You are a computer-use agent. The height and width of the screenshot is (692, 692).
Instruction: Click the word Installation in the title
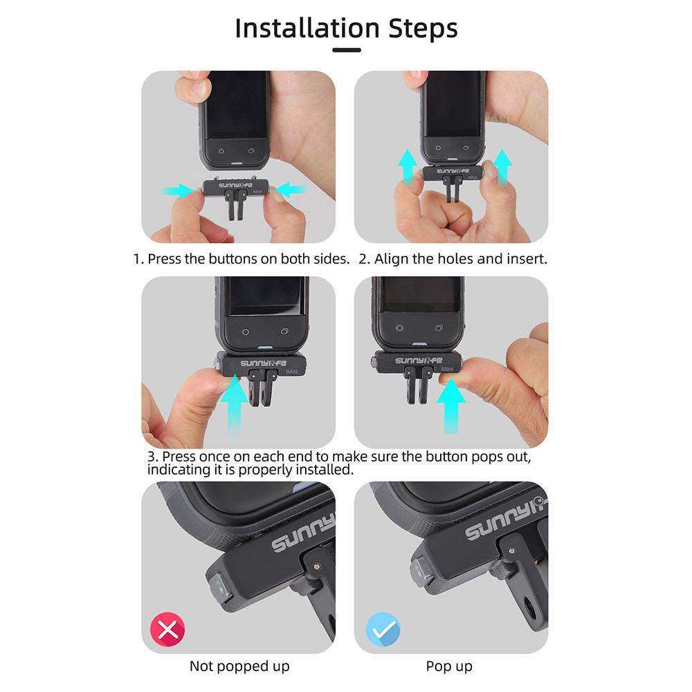(x=307, y=28)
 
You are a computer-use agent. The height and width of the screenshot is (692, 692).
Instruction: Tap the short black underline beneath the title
(x=347, y=51)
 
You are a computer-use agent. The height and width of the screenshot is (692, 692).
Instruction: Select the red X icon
(x=167, y=629)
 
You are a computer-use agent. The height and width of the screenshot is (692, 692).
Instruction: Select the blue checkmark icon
(x=383, y=629)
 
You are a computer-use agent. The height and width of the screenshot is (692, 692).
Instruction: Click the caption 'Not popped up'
(x=239, y=666)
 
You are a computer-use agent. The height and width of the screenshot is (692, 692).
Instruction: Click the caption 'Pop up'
(x=449, y=666)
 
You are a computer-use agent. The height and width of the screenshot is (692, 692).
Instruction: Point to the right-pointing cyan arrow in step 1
(x=177, y=191)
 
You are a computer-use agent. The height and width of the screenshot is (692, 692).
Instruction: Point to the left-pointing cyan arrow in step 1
(x=291, y=190)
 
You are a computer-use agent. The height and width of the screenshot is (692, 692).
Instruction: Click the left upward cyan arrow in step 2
(x=408, y=167)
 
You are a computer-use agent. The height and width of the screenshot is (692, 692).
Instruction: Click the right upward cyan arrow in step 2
(x=502, y=167)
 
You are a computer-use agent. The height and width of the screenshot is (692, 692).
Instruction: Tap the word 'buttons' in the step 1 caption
(x=233, y=259)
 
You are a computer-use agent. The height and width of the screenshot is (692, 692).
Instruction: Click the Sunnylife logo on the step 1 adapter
(x=236, y=185)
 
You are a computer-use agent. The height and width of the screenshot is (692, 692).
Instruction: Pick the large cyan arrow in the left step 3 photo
(x=235, y=405)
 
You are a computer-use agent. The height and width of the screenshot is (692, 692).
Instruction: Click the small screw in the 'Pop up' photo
(x=511, y=551)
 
